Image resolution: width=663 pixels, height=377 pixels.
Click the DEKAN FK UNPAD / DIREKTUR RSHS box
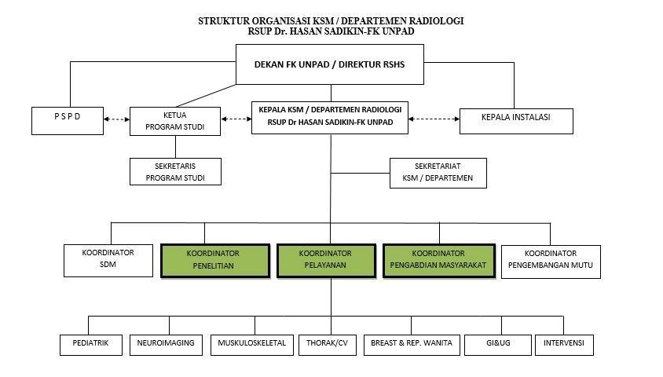tap(329, 64)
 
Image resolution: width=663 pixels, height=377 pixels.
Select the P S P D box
tap(68, 119)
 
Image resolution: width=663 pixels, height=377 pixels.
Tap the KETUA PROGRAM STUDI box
tap(174, 120)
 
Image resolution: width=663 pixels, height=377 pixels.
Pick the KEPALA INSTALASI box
tap(515, 120)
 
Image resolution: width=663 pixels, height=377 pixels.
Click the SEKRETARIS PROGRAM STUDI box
tap(175, 171)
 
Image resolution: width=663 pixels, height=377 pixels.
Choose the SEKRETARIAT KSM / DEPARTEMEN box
tap(438, 173)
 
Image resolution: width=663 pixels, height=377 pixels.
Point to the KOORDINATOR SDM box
tap(108, 261)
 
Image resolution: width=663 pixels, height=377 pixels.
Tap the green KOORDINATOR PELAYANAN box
tap(325, 260)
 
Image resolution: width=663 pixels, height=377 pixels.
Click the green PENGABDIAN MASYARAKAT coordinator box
tap(438, 260)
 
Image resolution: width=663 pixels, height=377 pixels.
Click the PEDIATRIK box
tap(91, 344)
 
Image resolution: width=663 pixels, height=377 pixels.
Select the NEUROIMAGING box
tap(166, 344)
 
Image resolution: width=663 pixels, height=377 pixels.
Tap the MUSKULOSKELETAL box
tap(251, 344)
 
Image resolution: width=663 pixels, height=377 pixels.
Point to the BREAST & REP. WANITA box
tap(412, 344)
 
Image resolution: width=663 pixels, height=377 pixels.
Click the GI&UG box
tap(497, 344)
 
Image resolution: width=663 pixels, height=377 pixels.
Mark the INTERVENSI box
tap(563, 344)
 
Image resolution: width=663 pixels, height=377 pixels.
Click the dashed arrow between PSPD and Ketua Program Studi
tap(115, 119)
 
